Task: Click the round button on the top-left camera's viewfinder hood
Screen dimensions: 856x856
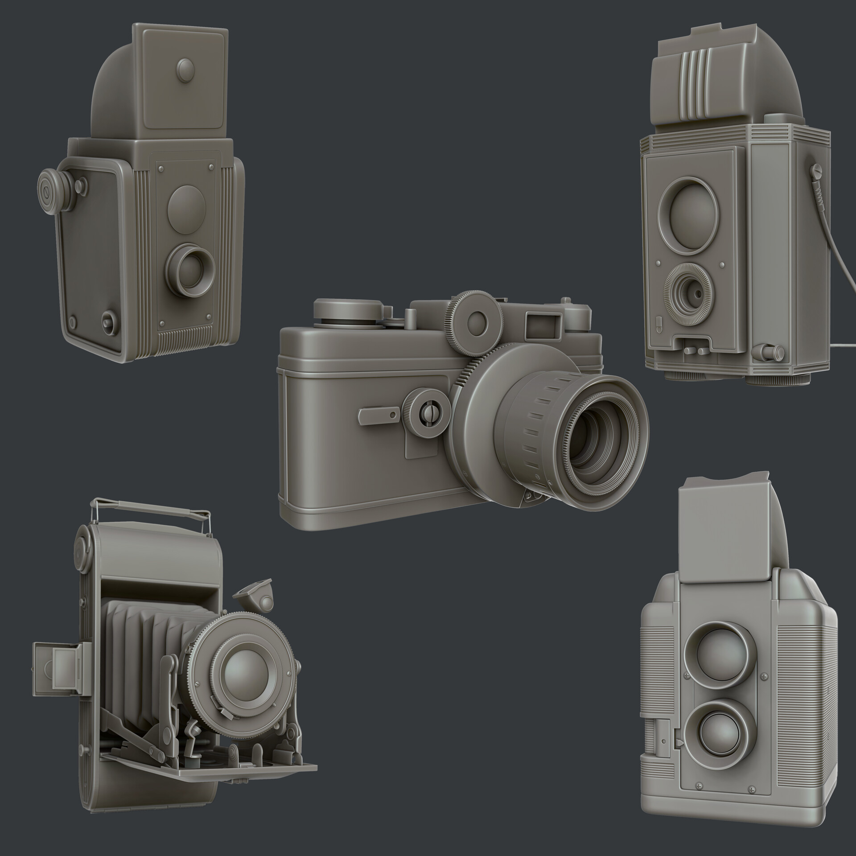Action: [183, 70]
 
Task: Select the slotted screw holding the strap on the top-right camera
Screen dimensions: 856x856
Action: [817, 170]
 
